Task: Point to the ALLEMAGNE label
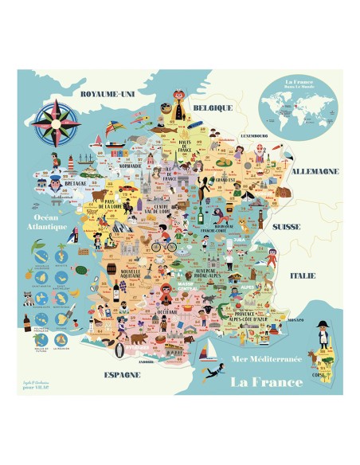pos(317,171)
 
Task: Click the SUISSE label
pos(286,225)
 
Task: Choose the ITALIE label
pos(303,275)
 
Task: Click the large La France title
pos(265,381)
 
